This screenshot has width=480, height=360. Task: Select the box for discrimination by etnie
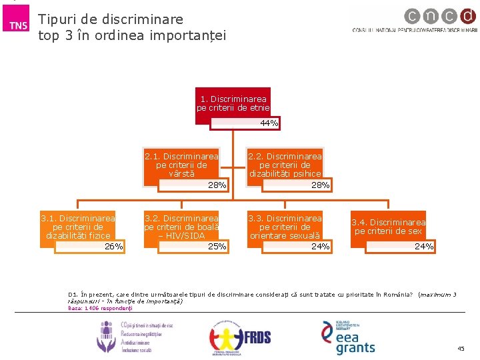click(233, 103)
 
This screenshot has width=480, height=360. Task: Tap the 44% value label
click(269, 123)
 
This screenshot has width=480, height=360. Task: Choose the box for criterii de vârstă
click(181, 165)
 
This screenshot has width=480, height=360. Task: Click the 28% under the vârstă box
click(217, 185)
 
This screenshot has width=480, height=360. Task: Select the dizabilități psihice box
click(285, 165)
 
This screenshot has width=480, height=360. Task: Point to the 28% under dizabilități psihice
click(321, 185)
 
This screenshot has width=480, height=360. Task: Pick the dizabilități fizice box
click(78, 227)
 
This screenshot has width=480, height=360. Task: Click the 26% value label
click(114, 247)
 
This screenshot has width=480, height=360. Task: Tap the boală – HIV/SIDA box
click(181, 227)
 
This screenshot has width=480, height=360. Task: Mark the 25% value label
click(217, 247)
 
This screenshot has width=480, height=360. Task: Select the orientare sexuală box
click(285, 227)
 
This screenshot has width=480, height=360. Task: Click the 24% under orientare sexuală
click(321, 247)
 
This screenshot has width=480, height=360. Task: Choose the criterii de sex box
click(389, 227)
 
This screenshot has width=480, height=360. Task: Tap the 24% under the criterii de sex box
click(424, 247)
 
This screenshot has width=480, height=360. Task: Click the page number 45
click(461, 349)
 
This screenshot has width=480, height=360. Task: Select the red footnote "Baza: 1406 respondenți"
click(101, 308)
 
